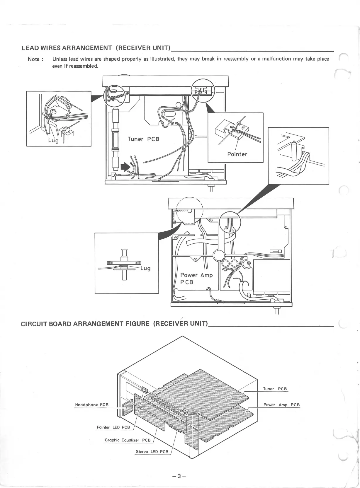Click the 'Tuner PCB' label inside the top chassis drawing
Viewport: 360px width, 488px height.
pyautogui.click(x=143, y=139)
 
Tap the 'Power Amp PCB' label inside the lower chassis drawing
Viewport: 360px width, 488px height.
pyautogui.click(x=196, y=279)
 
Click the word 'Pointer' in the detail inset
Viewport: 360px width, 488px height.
pyautogui.click(x=237, y=154)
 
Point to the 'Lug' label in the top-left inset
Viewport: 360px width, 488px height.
pyautogui.click(x=53, y=140)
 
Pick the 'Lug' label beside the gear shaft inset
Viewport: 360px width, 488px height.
pyautogui.click(x=145, y=268)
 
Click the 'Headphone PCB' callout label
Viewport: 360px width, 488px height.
pyautogui.click(x=92, y=405)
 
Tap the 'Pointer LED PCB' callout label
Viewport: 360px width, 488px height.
pyautogui.click(x=113, y=427)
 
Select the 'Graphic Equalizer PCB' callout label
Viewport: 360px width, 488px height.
pyautogui.click(x=128, y=440)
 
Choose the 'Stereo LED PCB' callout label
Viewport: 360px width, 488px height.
pyautogui.click(x=152, y=451)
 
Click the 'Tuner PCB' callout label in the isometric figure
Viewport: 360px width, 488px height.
pyautogui.click(x=275, y=389)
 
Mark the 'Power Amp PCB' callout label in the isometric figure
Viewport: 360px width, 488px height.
pyautogui.click(x=281, y=405)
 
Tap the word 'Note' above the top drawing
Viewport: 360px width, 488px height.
pyautogui.click(x=33, y=59)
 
